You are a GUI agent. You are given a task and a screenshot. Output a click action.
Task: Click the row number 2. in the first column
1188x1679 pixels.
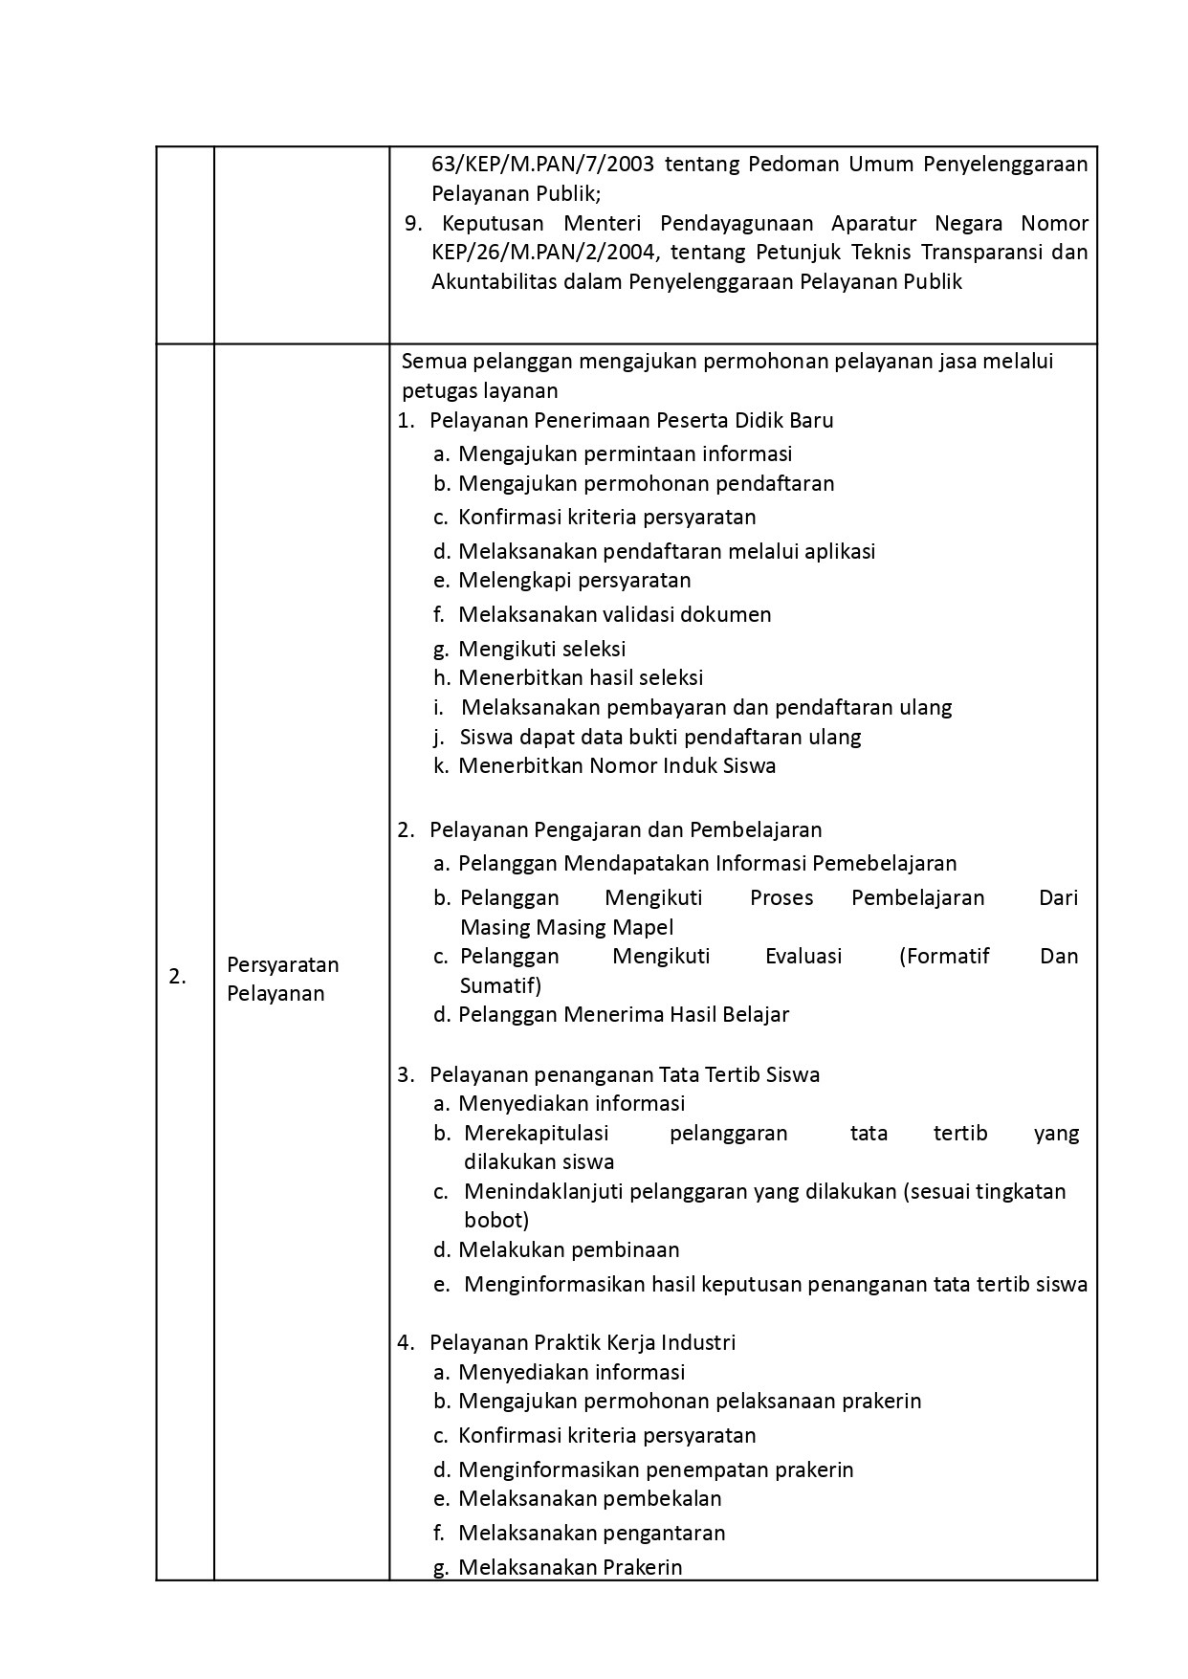(177, 977)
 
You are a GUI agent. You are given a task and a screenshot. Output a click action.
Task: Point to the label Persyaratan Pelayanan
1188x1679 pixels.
(282, 979)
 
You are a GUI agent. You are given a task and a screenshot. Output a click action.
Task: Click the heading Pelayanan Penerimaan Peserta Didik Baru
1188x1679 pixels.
(631, 420)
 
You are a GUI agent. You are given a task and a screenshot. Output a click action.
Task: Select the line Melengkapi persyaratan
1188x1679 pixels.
(574, 580)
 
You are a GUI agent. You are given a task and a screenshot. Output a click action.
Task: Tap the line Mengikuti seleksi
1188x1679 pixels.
(541, 649)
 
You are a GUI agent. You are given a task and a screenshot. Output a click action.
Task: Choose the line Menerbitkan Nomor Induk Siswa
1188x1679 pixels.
(617, 765)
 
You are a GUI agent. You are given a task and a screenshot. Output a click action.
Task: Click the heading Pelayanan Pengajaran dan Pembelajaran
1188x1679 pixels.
(626, 829)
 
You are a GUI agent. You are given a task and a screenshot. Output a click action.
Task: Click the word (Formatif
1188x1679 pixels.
(944, 956)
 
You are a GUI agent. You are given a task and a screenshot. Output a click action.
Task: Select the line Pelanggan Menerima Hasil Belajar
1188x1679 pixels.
(623, 1014)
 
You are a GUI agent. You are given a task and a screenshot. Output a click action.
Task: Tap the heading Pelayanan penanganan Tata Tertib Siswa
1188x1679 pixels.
(625, 1074)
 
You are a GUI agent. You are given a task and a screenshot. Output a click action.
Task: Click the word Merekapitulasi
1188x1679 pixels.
(536, 1133)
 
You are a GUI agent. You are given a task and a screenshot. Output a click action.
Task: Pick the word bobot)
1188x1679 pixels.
(496, 1220)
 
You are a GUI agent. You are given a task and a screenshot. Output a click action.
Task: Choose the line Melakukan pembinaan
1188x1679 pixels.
(568, 1249)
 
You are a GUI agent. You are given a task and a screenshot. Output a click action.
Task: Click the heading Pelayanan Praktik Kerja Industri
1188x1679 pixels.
(583, 1342)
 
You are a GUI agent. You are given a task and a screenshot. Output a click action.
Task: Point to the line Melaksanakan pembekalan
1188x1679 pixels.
(589, 1498)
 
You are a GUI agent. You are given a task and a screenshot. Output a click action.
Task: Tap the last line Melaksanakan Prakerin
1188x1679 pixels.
(570, 1567)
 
